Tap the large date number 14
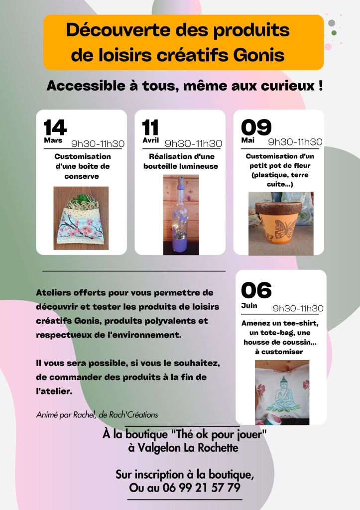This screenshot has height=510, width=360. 55,127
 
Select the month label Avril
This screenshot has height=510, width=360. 150,140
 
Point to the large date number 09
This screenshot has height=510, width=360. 256,127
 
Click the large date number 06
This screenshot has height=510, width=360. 256,290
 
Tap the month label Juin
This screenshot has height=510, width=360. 249,305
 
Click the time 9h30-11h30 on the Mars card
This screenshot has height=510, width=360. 98,143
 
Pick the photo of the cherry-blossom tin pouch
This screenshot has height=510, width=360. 81,218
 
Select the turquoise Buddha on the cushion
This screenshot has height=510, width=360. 282,394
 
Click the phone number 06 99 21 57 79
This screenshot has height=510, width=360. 202,488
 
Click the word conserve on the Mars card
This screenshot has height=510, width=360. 81,177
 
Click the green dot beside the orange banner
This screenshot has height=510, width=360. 334,33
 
